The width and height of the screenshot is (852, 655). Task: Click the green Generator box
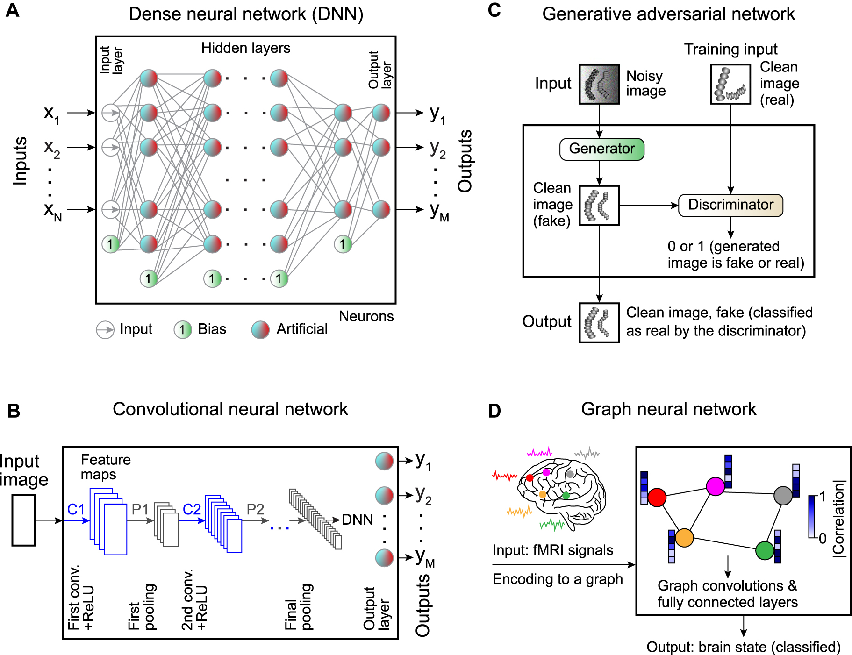pos(601,149)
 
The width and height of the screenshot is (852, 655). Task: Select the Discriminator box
pos(730,205)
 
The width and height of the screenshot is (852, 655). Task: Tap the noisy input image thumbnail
pos(599,84)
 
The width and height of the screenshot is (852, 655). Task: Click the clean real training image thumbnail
pos(730,84)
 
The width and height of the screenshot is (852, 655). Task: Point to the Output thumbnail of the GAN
pos(599,323)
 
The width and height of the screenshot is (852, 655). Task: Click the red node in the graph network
pos(657,498)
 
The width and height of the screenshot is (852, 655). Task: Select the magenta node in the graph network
pos(715,486)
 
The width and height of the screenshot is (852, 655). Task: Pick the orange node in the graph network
pos(684,538)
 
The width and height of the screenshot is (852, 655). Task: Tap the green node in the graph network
pos(765,550)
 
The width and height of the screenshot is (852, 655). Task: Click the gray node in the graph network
pos(783,496)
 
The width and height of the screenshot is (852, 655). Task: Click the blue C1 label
pos(76,509)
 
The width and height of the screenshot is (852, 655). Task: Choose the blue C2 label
pos(192,509)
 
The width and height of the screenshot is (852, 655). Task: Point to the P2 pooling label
pos(255,509)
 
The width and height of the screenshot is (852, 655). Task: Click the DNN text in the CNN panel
pos(358,520)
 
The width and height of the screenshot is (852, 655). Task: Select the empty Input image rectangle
pos(23,520)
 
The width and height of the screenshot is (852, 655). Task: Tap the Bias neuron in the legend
pos(183,330)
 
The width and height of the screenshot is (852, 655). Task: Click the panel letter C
pos(494,10)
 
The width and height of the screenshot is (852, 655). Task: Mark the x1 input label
pos(51,113)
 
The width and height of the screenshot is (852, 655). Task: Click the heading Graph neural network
pos(668,409)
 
